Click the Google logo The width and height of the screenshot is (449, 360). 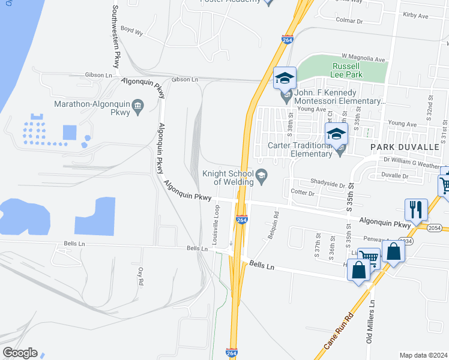(x=19, y=353)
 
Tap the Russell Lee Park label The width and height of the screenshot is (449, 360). (x=346, y=71)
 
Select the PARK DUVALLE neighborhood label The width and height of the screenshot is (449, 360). (x=401, y=147)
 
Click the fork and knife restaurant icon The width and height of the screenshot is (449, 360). (x=415, y=210)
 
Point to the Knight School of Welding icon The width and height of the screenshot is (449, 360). (x=261, y=175)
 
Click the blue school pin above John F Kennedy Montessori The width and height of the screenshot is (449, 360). (x=285, y=79)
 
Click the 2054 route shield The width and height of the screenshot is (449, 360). (x=436, y=228)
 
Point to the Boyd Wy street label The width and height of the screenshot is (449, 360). (x=132, y=30)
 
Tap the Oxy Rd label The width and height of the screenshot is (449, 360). (x=141, y=276)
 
